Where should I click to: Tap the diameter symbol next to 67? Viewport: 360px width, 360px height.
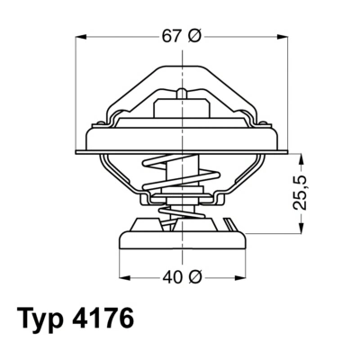click(x=195, y=36)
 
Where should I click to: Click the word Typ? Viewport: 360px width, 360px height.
click(x=47, y=321)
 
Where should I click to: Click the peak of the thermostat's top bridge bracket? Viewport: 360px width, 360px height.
click(x=182, y=67)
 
